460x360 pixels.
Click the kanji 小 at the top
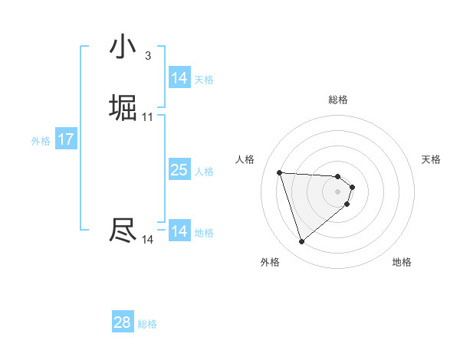(x=123, y=47)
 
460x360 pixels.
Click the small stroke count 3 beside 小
(x=148, y=55)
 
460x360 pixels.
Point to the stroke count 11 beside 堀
(x=148, y=117)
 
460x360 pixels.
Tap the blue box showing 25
(x=179, y=170)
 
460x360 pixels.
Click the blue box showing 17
(x=66, y=139)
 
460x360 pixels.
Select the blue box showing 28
(x=123, y=322)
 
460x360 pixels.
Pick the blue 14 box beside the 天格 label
(x=179, y=78)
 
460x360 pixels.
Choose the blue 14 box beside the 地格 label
(x=179, y=231)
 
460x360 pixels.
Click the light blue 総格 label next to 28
(x=147, y=324)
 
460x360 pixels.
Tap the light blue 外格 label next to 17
(x=41, y=141)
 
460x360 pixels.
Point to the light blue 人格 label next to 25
(x=204, y=172)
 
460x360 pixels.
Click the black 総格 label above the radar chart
(x=338, y=100)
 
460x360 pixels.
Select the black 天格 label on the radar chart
(x=431, y=159)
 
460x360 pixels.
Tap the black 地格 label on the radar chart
(x=402, y=262)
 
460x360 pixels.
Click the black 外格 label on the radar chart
(x=270, y=262)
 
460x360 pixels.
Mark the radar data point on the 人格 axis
(x=280, y=172)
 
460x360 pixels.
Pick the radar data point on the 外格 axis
(x=301, y=242)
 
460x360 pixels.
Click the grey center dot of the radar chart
(x=338, y=191)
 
